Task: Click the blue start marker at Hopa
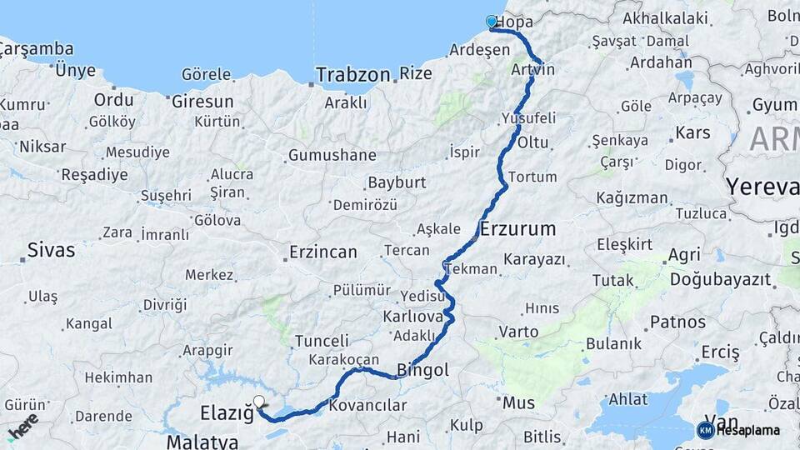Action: pyautogui.click(x=492, y=22)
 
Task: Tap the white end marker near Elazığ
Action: pyautogui.click(x=259, y=402)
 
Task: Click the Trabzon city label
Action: pyautogui.click(x=353, y=75)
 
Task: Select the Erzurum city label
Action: pyautogui.click(x=517, y=228)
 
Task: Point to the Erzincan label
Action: pyautogui.click(x=322, y=252)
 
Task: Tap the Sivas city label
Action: pyautogui.click(x=51, y=249)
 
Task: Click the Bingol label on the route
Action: pyautogui.click(x=422, y=370)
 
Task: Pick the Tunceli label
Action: pyautogui.click(x=322, y=341)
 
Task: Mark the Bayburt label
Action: pyautogui.click(x=397, y=182)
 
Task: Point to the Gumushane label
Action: pyautogui.click(x=332, y=156)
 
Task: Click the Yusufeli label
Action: pyautogui.click(x=528, y=117)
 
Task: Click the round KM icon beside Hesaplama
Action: pyautogui.click(x=705, y=430)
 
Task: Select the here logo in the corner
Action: pyautogui.click(x=22, y=426)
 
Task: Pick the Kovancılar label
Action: pyautogui.click(x=367, y=406)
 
